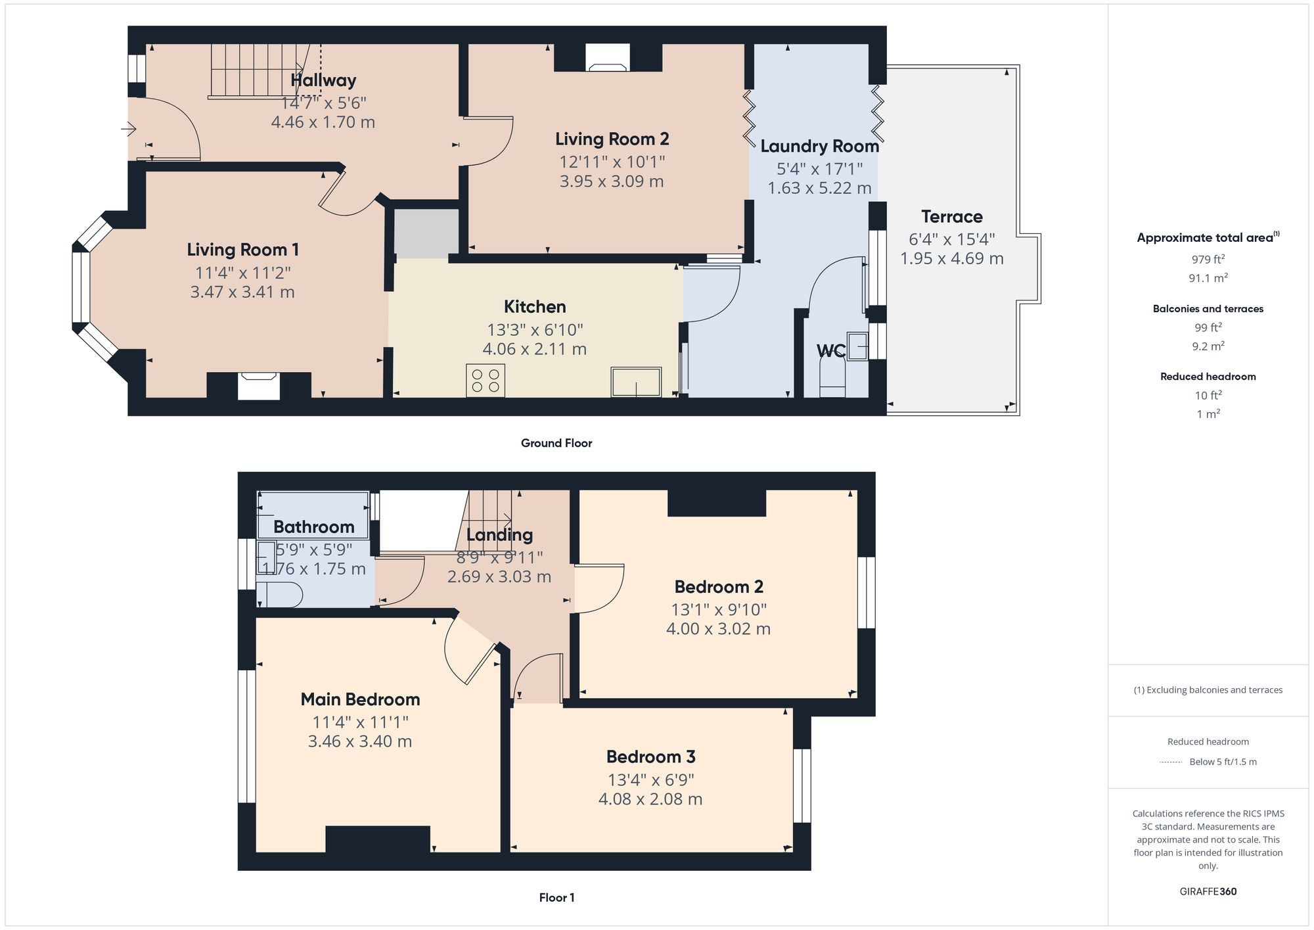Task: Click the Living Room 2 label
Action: (x=612, y=139)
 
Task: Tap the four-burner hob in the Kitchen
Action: (x=486, y=381)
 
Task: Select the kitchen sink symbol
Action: (x=636, y=382)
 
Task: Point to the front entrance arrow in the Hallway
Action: (x=129, y=129)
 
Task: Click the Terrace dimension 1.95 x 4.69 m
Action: (x=951, y=258)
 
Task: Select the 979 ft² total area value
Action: (x=1208, y=259)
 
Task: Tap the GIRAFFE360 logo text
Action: (x=1208, y=891)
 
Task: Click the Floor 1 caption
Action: (x=556, y=897)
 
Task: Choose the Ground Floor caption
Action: (x=556, y=443)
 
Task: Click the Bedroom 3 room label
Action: (x=650, y=756)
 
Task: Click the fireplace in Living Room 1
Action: (x=258, y=385)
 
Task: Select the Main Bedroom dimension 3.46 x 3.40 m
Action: (x=359, y=741)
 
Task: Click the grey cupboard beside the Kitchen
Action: (x=426, y=233)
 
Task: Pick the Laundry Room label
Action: (x=819, y=146)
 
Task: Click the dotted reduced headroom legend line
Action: (x=1171, y=762)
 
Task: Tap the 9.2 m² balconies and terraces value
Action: (x=1208, y=346)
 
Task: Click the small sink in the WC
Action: (x=857, y=346)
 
